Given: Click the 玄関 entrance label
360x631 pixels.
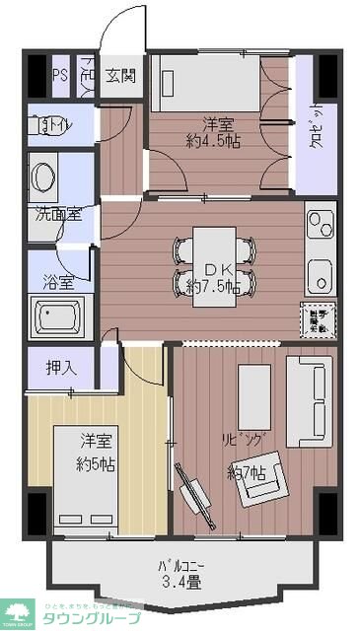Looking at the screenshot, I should (x=122, y=75).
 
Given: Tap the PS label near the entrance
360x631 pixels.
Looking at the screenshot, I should (x=60, y=76).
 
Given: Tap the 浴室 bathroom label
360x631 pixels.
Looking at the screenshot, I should (x=56, y=282).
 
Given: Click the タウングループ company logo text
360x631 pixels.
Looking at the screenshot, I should (x=98, y=617).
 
